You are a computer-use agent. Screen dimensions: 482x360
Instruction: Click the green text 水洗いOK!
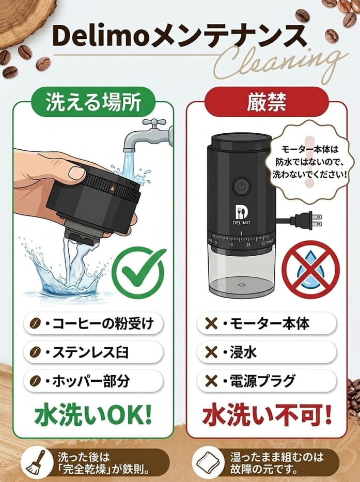[x=93, y=414]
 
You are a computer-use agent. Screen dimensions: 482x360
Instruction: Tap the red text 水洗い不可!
[x=266, y=414]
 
